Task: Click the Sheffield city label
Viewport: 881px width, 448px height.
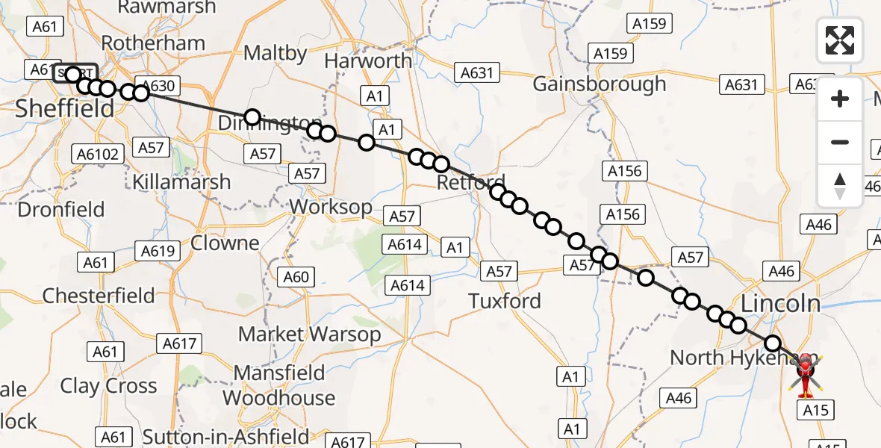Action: [65, 108]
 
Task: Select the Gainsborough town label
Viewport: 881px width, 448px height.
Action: [599, 84]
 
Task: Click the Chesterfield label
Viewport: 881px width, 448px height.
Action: [99, 296]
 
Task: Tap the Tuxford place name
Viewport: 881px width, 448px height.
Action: [505, 301]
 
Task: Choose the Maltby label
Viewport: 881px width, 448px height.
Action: [275, 53]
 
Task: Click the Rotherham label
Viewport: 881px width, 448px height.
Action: [153, 43]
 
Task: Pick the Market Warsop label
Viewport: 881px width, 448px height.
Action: [309, 335]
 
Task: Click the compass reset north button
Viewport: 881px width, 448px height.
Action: [840, 186]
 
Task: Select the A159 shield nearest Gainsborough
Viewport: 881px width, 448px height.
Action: [610, 54]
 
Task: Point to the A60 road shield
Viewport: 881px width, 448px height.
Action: [296, 277]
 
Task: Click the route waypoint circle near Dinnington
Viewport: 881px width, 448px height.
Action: [252, 116]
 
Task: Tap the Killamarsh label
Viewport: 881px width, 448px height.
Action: [181, 181]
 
